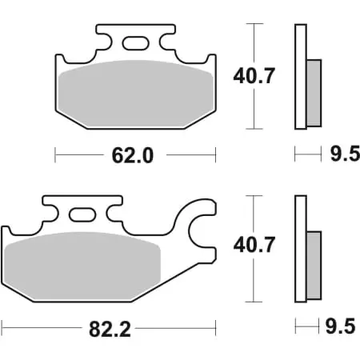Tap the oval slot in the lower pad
coord(83,214)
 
